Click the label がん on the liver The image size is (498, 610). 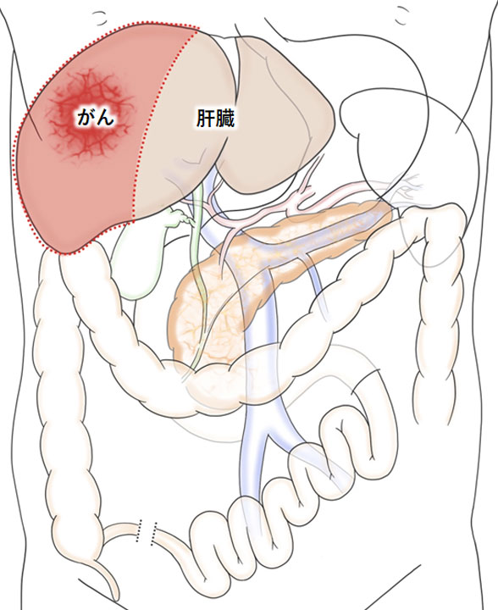[96, 117]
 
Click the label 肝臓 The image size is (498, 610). [215, 118]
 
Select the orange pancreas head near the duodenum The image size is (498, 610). [202, 311]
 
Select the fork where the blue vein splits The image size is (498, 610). [268, 435]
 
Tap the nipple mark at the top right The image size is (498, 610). [403, 16]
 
